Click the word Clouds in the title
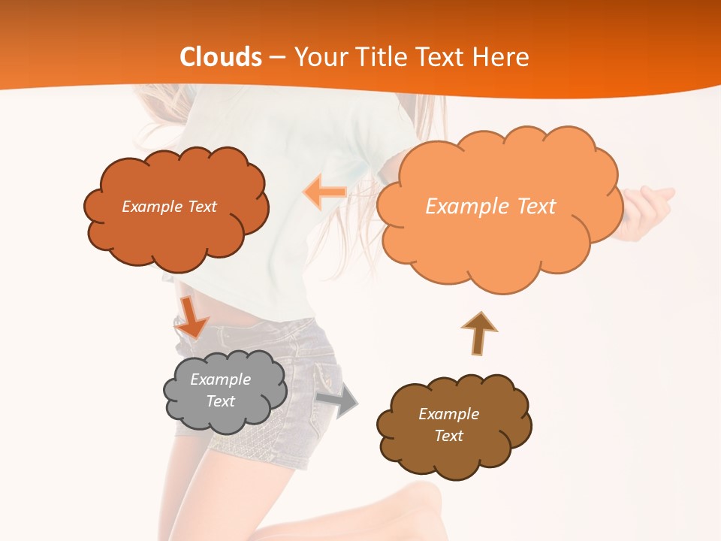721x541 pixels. click(221, 57)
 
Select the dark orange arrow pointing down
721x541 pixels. click(192, 317)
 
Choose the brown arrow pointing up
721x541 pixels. click(478, 331)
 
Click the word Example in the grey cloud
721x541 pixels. click(220, 379)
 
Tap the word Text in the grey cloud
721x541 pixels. click(220, 401)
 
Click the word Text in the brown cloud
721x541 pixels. click(448, 436)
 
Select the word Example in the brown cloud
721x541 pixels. click(448, 414)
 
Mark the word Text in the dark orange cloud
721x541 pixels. click(201, 207)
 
